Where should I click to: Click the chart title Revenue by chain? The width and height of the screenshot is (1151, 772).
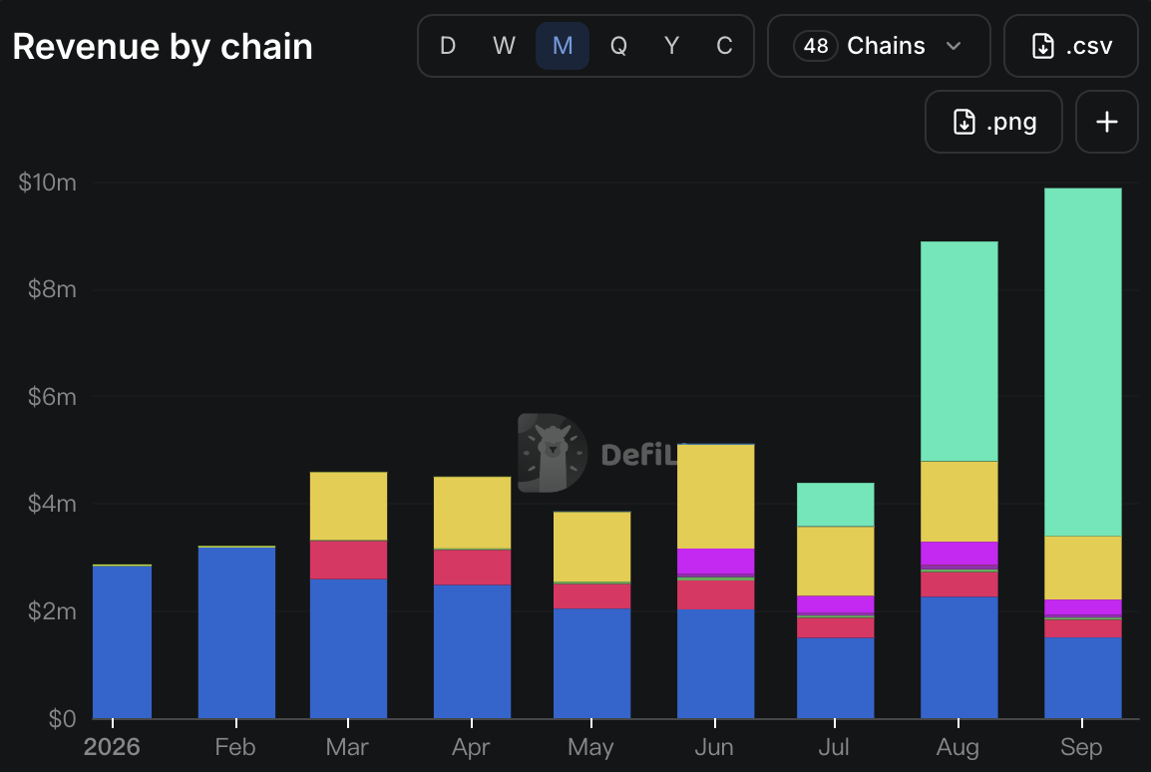[163, 47]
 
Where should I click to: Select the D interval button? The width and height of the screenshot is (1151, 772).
[448, 46]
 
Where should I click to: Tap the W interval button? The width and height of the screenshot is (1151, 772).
[504, 46]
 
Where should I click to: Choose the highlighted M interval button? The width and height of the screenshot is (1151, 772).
[563, 46]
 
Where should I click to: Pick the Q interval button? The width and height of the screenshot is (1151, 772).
[618, 46]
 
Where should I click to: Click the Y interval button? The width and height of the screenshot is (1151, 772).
[671, 46]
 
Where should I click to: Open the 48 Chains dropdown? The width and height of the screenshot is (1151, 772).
[879, 46]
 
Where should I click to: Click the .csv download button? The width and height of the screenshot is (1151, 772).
[1071, 46]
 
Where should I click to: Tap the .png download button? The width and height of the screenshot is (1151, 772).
[993, 122]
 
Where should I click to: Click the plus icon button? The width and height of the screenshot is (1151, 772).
[1107, 122]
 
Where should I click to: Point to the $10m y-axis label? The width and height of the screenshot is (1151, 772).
[48, 182]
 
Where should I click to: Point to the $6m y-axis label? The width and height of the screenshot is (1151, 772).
[52, 396]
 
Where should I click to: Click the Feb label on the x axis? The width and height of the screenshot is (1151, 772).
[235, 747]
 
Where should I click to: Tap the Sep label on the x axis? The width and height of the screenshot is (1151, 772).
[1081, 747]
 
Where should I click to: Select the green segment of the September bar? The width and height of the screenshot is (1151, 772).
[1083, 362]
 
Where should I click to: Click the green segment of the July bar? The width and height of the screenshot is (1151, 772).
[836, 504]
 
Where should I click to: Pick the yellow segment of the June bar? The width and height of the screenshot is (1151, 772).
[716, 496]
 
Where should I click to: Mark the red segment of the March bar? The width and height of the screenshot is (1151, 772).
[349, 560]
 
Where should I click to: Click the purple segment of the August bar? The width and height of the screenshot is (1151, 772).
[959, 554]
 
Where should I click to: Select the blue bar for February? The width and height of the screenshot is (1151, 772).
[236, 632]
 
